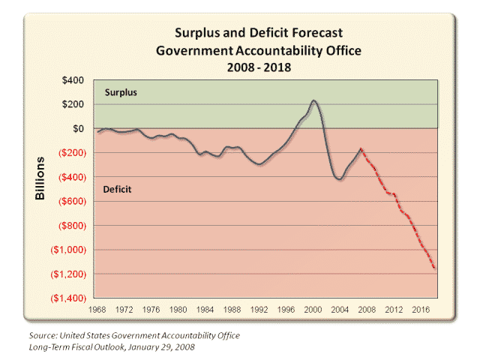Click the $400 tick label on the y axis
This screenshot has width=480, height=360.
[x=72, y=80]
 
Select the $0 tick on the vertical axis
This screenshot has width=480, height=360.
[x=78, y=128]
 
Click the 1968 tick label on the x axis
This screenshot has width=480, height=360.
[x=96, y=309]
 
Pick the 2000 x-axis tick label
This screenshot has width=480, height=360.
[x=313, y=309]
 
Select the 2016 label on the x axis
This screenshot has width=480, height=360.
[x=422, y=309]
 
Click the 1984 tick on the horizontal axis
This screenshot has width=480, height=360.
[x=205, y=309]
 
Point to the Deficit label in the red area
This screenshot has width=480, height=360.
[x=116, y=190]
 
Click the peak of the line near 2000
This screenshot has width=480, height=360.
[x=313, y=100]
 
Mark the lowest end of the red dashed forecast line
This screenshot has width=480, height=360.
[x=435, y=268]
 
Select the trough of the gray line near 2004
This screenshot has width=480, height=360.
[x=339, y=179]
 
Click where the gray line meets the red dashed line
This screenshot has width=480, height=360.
[x=361, y=148]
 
